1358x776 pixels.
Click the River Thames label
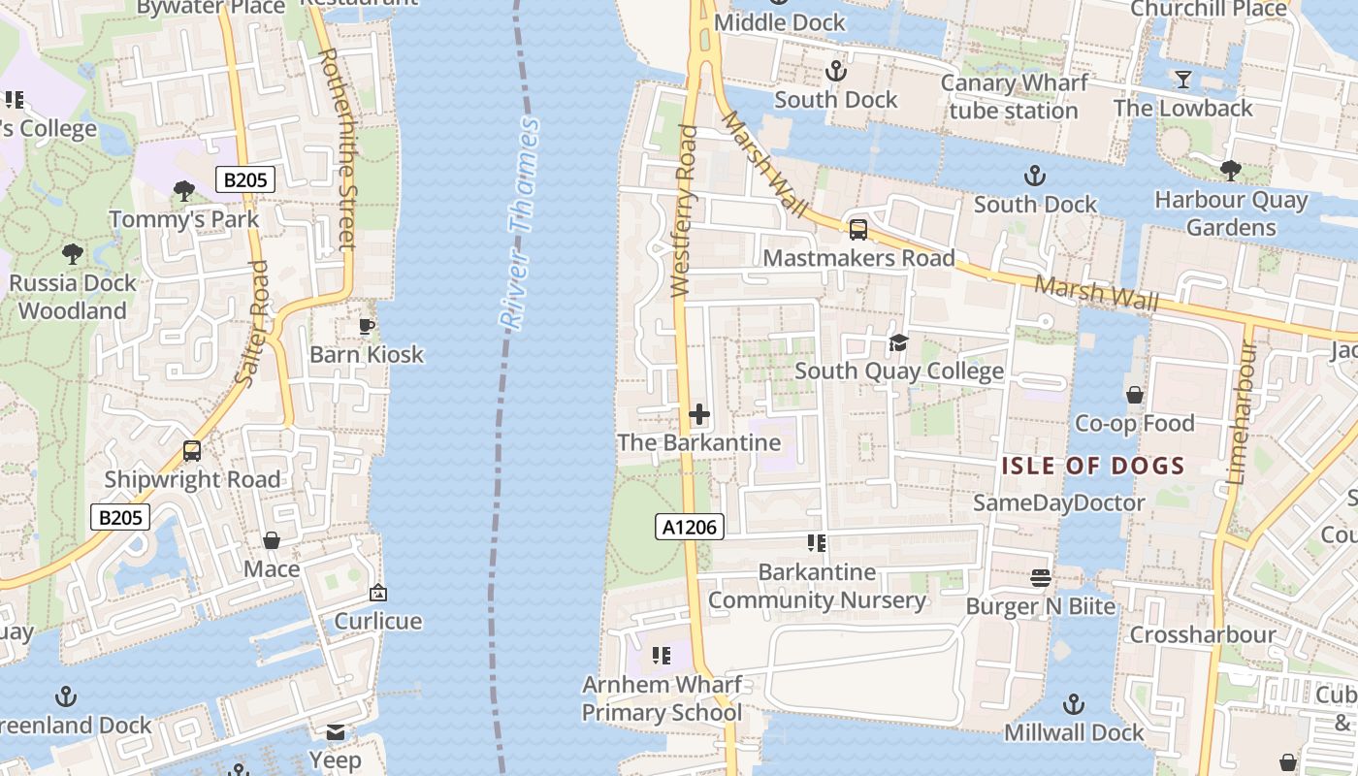pos(518,225)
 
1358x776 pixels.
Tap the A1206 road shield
pos(690,527)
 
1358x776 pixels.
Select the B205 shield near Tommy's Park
pos(244,179)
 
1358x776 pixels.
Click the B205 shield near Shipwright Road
pos(121,517)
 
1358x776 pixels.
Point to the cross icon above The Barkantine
pos(698,415)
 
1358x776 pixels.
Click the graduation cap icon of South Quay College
pos(898,343)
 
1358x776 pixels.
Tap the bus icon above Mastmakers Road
pos(857,230)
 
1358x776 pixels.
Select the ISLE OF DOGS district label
pos(1093,466)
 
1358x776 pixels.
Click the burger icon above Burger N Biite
pos(1041,578)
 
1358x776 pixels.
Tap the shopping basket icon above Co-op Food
pos(1134,395)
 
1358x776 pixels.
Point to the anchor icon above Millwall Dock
pos(1074,704)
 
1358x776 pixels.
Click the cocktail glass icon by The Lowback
pos(1182,80)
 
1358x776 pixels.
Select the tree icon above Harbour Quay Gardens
pos(1230,172)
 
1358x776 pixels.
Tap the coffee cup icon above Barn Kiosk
pos(367,326)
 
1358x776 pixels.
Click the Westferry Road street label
pos(683,210)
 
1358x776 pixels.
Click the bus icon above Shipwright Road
pos(192,451)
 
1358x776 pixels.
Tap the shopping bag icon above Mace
pos(272,540)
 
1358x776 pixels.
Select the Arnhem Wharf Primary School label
pos(662,698)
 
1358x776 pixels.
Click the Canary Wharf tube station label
pos(1014,97)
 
